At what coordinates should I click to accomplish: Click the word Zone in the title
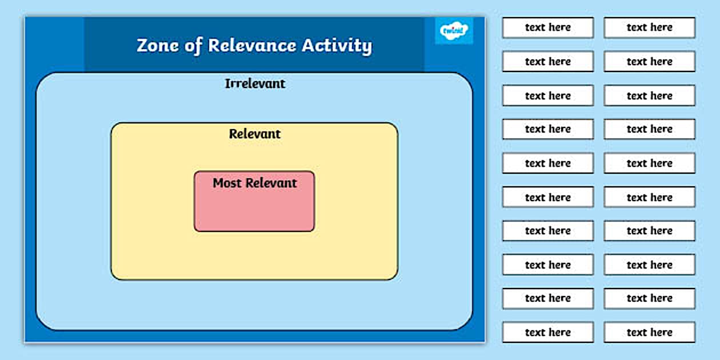[157, 45]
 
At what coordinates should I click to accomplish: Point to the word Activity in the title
[342, 46]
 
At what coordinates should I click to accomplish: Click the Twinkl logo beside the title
[454, 30]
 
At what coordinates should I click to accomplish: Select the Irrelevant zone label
[255, 83]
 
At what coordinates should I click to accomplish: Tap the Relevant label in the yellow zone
[255, 134]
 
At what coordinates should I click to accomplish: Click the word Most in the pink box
[227, 183]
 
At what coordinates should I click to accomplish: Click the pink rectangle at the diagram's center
[254, 209]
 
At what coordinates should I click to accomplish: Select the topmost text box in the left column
[547, 27]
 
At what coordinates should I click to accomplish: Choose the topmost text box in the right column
[649, 27]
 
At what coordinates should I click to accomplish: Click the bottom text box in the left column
[547, 332]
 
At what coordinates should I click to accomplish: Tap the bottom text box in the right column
[649, 332]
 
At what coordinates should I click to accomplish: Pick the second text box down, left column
[547, 61]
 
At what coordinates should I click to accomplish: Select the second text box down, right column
[649, 61]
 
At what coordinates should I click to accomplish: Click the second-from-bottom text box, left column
[547, 298]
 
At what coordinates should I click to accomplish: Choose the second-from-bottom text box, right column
[649, 298]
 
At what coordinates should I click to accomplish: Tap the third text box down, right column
[649, 95]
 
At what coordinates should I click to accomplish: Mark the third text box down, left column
[547, 95]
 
